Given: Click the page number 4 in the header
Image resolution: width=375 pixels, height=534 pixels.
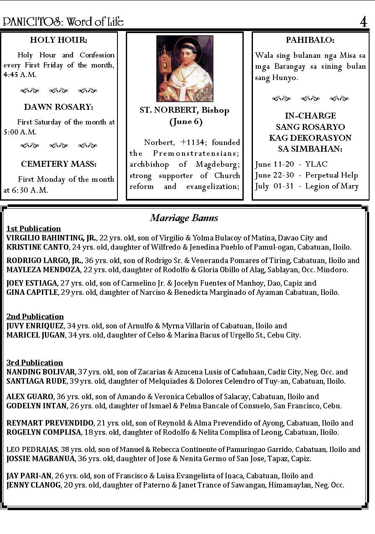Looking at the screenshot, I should click(363, 22).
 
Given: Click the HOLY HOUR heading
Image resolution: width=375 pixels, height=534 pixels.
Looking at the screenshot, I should click(59, 40).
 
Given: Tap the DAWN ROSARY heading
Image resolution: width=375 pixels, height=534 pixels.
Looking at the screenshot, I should click(59, 107).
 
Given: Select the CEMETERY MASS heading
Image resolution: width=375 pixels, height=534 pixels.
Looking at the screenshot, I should click(59, 164).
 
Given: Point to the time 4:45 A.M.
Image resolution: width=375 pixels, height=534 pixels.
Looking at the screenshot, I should click(20, 75).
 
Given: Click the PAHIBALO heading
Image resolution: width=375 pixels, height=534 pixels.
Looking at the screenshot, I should click(310, 40).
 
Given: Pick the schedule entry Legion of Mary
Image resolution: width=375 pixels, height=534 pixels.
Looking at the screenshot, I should click(332, 186).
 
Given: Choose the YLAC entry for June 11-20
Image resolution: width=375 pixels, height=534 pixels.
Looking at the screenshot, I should click(316, 164).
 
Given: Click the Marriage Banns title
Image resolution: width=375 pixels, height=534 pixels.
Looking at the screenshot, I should click(184, 218).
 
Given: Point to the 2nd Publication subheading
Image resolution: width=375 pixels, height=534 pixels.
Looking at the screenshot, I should click(35, 317).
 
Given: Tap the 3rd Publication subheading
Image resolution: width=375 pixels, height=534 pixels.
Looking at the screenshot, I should click(34, 363).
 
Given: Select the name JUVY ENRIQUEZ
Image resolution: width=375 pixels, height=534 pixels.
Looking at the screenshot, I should click(35, 326).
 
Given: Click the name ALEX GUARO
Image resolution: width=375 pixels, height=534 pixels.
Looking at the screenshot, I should click(30, 397).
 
